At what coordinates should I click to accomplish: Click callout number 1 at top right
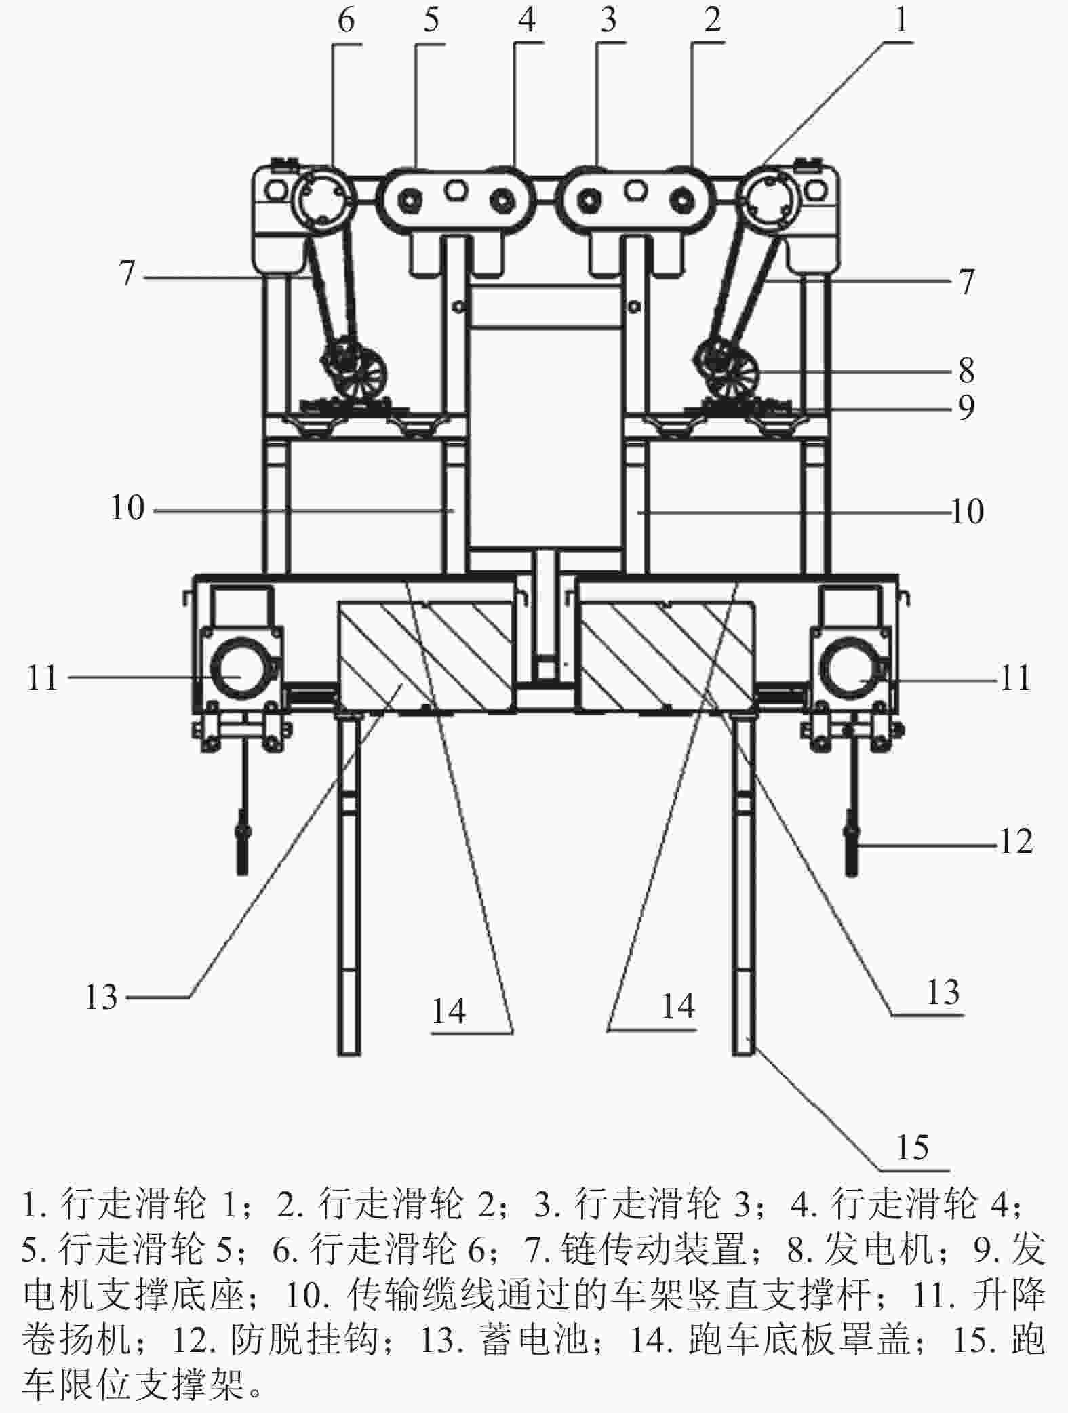(901, 20)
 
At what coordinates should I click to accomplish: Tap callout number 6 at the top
(346, 20)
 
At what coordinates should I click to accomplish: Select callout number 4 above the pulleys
(527, 20)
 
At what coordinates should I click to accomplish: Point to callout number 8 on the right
(966, 370)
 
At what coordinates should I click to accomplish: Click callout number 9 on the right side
(966, 407)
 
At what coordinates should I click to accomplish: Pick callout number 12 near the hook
(1015, 842)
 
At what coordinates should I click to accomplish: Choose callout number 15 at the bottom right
(912, 1148)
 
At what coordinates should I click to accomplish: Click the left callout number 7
(127, 274)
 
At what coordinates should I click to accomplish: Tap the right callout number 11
(1015, 677)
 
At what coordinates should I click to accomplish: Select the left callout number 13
(102, 998)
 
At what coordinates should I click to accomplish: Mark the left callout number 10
(128, 508)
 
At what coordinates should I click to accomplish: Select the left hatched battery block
(425, 656)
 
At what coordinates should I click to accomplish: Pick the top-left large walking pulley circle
(323, 199)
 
